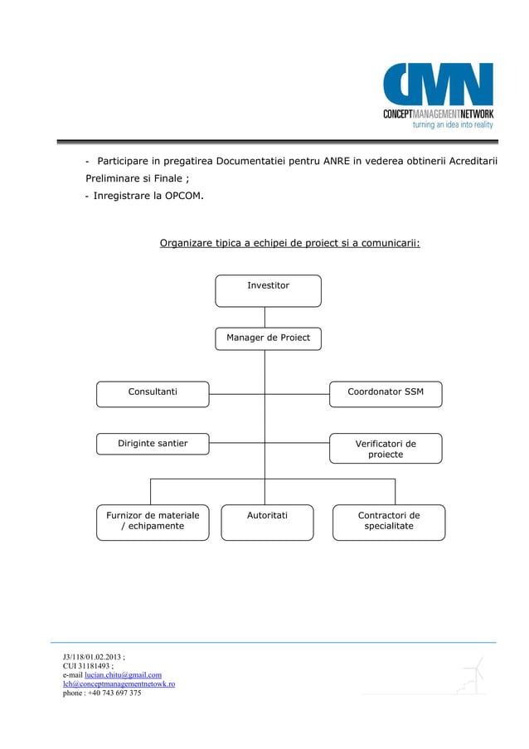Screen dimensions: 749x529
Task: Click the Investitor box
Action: pos(268,290)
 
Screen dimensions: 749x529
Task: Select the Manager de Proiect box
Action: pos(268,338)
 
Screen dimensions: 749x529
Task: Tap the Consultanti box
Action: pos(153,393)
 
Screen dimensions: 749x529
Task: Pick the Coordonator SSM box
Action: pos(386,393)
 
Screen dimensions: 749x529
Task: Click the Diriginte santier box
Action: pos(153,444)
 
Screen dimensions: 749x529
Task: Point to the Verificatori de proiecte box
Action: pos(386,449)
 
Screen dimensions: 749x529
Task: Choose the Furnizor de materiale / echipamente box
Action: pos(153,522)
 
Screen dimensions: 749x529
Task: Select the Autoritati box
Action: pos(267,522)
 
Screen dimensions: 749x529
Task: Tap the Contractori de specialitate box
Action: pos(389,522)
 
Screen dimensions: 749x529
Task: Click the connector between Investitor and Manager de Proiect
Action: pos(264,317)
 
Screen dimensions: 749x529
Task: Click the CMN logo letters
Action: pos(438,85)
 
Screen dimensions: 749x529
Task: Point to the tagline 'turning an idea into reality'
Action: pos(453,124)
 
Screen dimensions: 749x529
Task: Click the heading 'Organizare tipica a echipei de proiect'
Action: pos(289,244)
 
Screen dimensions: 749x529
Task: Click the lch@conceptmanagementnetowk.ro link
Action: pos(119,684)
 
